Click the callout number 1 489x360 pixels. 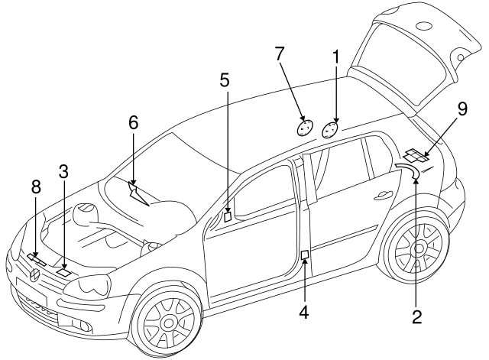coord(335,56)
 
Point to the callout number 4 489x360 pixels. coord(304,312)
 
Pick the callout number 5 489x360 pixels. coord(225,79)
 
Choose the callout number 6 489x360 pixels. coord(133,122)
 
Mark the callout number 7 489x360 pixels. coord(280,53)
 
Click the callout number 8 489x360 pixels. coord(35,186)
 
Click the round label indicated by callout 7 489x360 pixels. coord(304,127)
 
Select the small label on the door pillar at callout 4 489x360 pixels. coord(304,255)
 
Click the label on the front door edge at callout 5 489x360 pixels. coord(227,216)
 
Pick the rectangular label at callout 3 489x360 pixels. coord(64,271)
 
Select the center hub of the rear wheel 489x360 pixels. coord(419,248)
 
